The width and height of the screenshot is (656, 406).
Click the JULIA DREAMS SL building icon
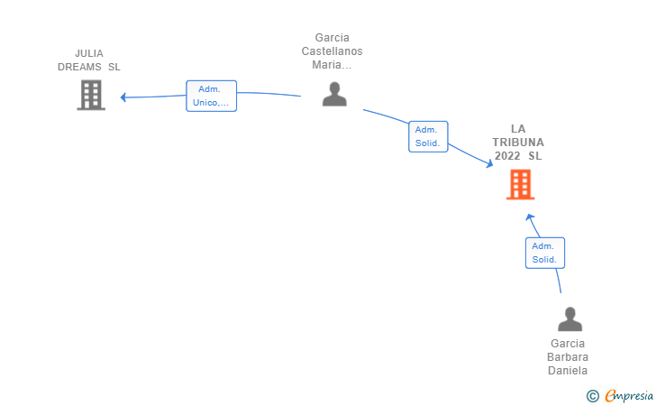point(91,95)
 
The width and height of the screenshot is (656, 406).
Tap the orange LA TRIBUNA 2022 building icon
point(521,184)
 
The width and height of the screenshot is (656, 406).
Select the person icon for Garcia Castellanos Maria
point(334,94)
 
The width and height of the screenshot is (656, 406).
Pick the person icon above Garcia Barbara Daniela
point(569,318)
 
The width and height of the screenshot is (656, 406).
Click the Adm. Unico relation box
point(211,96)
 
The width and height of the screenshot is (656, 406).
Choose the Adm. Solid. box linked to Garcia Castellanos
point(428,136)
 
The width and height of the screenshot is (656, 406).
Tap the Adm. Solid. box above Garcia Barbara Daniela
point(545,253)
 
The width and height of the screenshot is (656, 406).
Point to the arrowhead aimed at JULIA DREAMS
point(123,97)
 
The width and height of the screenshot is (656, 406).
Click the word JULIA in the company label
point(89,53)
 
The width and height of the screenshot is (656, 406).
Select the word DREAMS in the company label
point(79,67)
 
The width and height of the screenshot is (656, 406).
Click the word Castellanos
point(333,51)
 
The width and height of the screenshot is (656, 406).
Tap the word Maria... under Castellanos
point(332,65)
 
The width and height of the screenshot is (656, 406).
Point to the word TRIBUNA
point(518,143)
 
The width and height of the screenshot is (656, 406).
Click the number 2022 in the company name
point(507,156)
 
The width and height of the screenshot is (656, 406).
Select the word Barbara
point(568,357)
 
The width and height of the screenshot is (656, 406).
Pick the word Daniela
point(568,371)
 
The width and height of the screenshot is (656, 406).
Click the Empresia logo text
point(629,396)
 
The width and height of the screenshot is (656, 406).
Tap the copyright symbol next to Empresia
point(593,396)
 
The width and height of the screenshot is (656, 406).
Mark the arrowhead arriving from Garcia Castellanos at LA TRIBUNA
point(489,164)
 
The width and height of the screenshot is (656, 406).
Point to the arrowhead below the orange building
point(530,217)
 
